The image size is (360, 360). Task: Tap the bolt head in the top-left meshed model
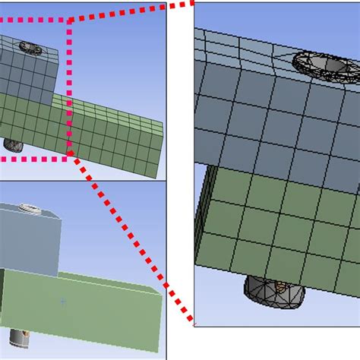coord(33,48)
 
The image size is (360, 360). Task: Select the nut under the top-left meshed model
coord(13,144)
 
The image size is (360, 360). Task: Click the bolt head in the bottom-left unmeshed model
coord(30,207)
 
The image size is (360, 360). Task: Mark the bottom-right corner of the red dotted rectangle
coord(70,158)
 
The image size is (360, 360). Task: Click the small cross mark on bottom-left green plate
coord(62,302)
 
